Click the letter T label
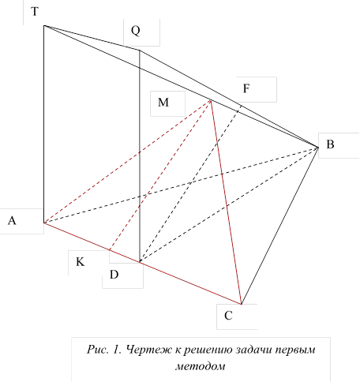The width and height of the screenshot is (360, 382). coord(35,12)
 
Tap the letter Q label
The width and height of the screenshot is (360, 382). coord(136,31)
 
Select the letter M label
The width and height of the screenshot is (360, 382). coord(163,102)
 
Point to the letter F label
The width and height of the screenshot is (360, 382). coord(246,88)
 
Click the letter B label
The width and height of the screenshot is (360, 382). coord(330,144)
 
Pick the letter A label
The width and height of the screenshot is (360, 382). coord(12,220)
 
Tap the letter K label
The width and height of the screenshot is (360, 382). coord(80,262)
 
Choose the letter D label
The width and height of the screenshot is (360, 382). coord(114,275)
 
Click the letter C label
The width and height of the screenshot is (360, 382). coord(228,316)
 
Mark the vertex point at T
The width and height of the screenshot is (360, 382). coord(44,25)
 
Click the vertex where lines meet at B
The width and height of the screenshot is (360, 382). coord(318,147)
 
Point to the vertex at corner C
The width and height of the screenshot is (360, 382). coord(242,304)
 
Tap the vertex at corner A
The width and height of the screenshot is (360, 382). coord(44,223)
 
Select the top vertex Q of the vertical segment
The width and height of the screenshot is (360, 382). coord(139,50)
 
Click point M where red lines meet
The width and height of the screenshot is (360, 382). coord(211,100)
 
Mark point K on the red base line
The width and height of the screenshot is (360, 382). coord(110,249)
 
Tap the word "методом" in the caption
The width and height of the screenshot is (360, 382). coord(201,366)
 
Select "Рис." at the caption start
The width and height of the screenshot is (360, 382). coord(98,350)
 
